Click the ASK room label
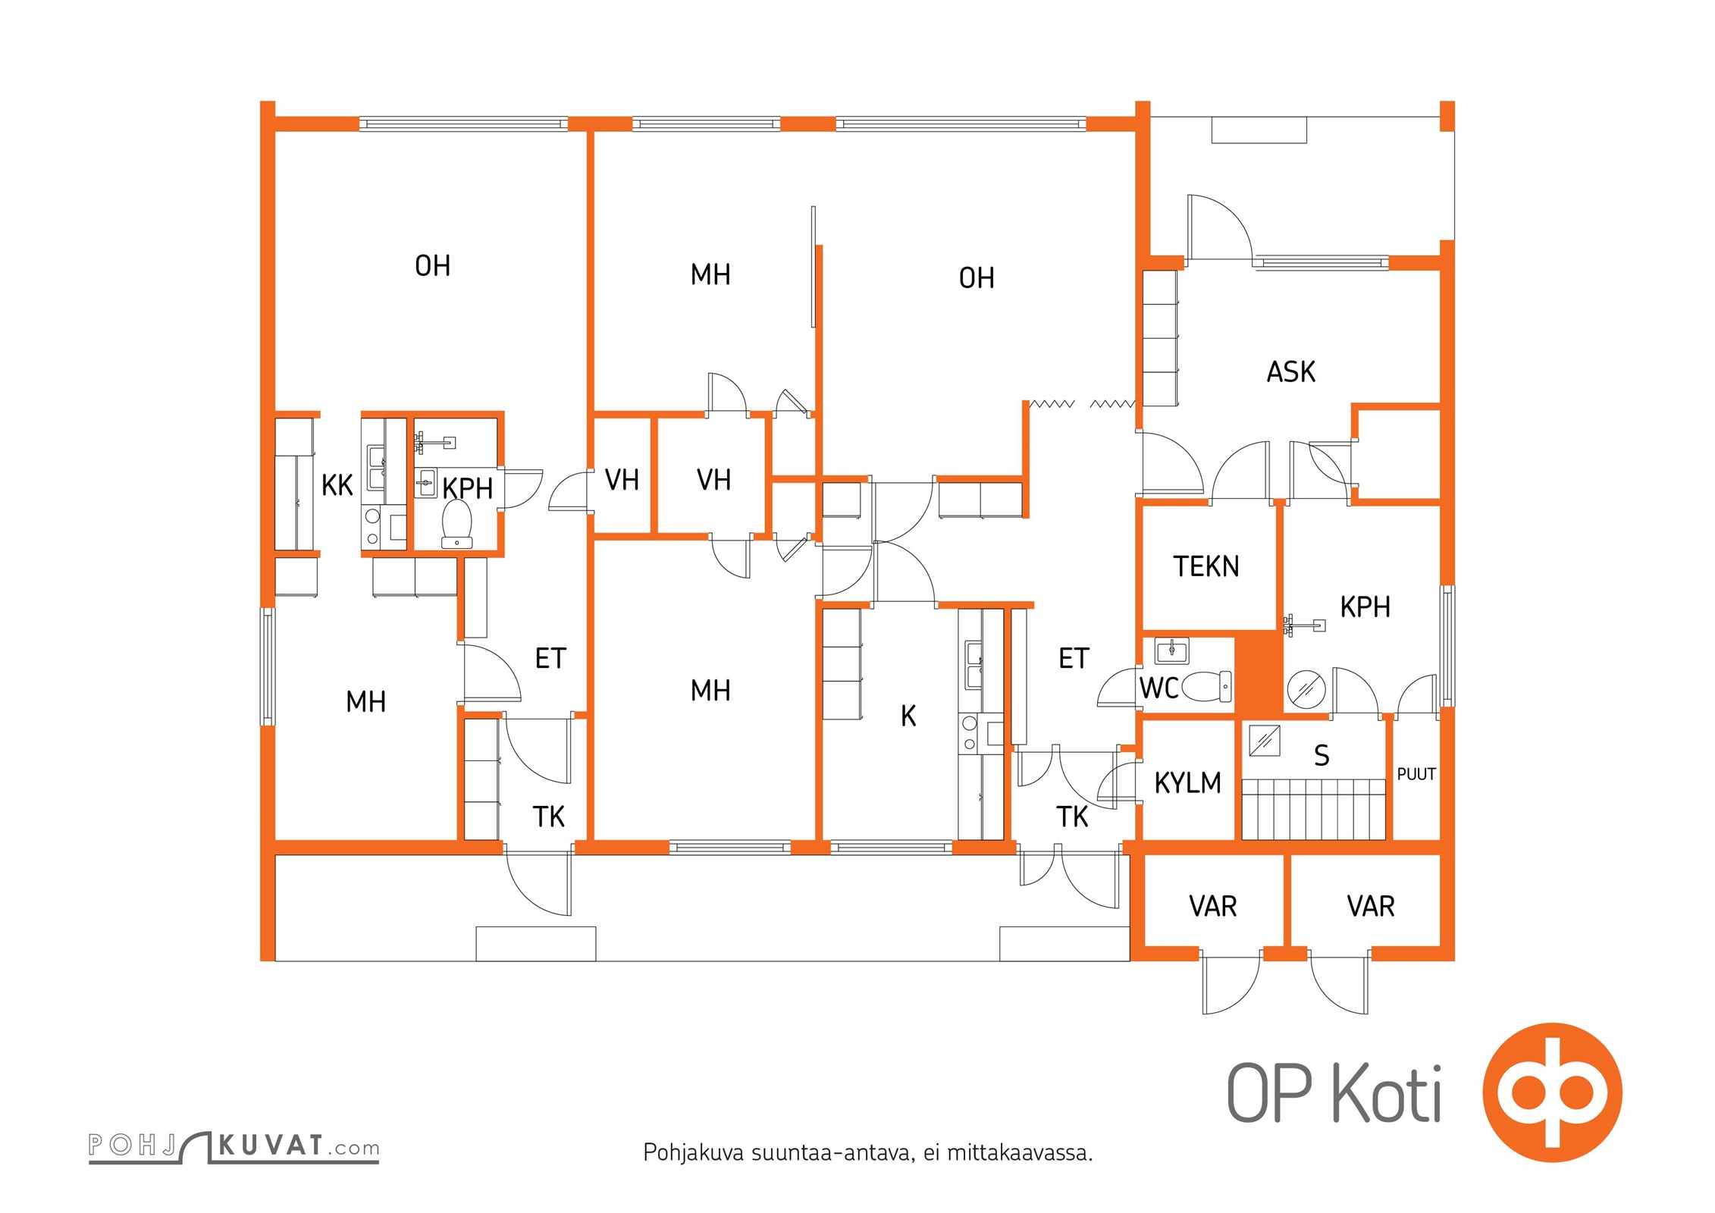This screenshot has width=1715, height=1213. (x=1290, y=372)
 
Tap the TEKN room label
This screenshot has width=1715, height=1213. (x=1206, y=566)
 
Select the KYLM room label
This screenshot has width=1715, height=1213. (x=1187, y=782)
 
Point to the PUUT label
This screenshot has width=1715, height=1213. (x=1416, y=774)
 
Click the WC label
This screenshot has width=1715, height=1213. (x=1158, y=688)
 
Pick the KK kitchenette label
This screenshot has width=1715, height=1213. (x=337, y=485)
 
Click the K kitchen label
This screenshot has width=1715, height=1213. (x=908, y=716)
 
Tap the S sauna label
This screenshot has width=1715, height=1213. (x=1322, y=756)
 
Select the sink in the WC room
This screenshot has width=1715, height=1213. (x=1171, y=650)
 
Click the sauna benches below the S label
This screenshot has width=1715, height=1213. (x=1313, y=809)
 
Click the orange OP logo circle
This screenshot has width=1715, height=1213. (x=1552, y=1092)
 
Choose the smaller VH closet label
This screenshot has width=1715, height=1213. (x=621, y=480)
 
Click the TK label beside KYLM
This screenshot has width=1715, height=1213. (x=1071, y=817)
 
